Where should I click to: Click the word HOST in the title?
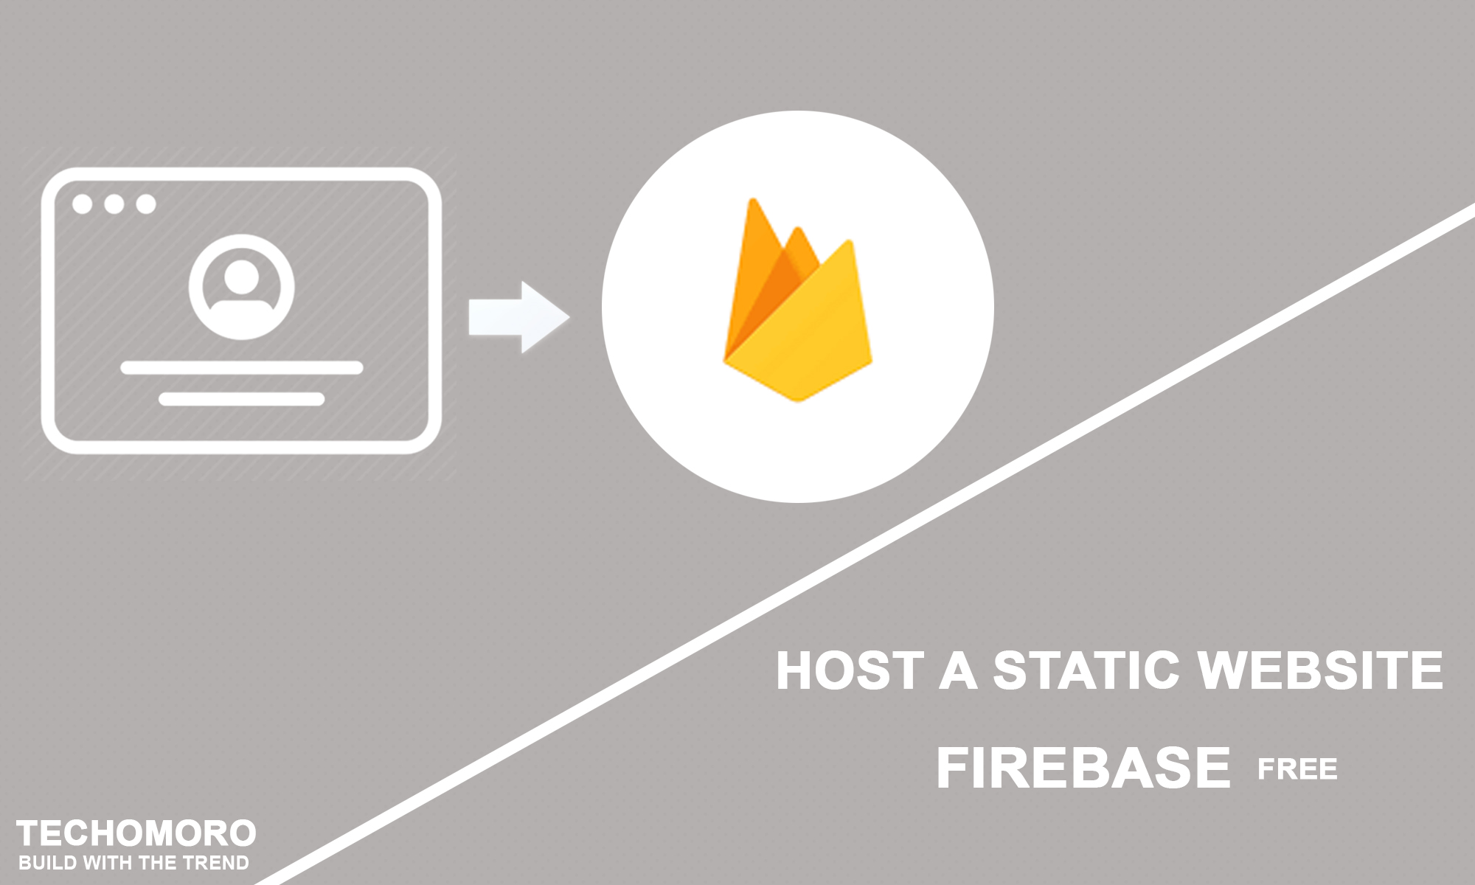[850, 670]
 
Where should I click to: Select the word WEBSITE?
[1320, 670]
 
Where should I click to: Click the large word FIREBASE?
[1083, 768]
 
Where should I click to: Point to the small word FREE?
[1297, 769]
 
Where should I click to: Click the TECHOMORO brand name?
[136, 833]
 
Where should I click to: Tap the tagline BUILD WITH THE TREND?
[133, 863]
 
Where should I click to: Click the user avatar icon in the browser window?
[241, 287]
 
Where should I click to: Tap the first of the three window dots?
[82, 204]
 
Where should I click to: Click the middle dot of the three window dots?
[114, 204]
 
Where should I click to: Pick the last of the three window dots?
[146, 204]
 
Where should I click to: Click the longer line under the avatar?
[241, 367]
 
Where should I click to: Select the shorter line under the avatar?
[241, 399]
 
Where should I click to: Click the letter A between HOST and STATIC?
[958, 670]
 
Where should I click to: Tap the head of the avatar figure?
[241, 276]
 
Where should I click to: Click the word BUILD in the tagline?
[44, 863]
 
